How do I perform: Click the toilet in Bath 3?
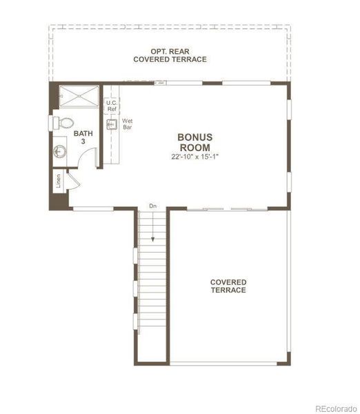click(x=63, y=123)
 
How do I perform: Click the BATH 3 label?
click(x=83, y=137)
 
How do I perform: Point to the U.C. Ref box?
click(x=111, y=106)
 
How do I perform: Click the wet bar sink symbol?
click(x=110, y=125)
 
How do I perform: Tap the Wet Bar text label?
click(x=127, y=124)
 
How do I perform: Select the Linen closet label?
click(x=59, y=181)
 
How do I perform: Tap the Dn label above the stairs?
click(x=152, y=206)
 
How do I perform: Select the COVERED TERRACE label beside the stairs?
click(x=228, y=286)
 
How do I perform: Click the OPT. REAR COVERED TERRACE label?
click(x=170, y=55)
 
